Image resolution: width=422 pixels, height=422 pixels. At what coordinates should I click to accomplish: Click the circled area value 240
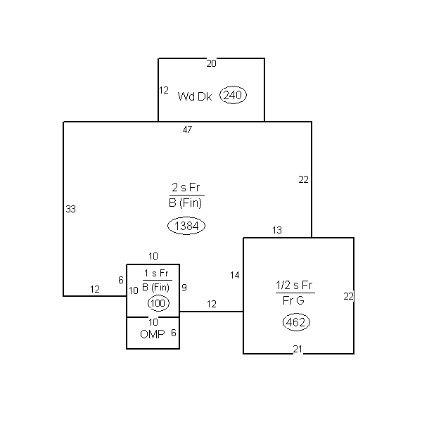pyautogui.click(x=233, y=95)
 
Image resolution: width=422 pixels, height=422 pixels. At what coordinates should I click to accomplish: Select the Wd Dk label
pyautogui.click(x=195, y=96)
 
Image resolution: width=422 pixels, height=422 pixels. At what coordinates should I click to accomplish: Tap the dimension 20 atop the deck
pyautogui.click(x=211, y=63)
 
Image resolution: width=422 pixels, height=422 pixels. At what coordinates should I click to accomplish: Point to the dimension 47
pyautogui.click(x=187, y=129)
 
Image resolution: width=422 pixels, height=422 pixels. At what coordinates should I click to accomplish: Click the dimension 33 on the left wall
pyautogui.click(x=71, y=209)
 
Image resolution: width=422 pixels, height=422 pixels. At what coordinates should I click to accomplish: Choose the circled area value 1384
pyautogui.click(x=186, y=226)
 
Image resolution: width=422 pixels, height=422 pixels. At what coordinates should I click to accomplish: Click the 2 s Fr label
pyautogui.click(x=186, y=187)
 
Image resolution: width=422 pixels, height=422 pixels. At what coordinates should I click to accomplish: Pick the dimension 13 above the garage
pyautogui.click(x=277, y=230)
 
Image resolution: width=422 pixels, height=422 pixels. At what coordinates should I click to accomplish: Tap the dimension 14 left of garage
pyautogui.click(x=235, y=275)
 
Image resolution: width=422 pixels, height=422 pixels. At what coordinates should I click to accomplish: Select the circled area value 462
pyautogui.click(x=296, y=322)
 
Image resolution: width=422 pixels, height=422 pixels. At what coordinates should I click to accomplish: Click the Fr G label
pyautogui.click(x=293, y=300)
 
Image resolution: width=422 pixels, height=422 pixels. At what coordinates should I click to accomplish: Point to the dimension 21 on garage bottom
pyautogui.click(x=298, y=349)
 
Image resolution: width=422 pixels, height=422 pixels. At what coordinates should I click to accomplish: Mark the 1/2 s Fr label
pyautogui.click(x=294, y=285)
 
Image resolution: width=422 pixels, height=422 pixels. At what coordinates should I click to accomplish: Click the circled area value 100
pyautogui.click(x=158, y=303)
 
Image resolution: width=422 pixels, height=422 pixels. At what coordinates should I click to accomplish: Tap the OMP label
pyautogui.click(x=153, y=334)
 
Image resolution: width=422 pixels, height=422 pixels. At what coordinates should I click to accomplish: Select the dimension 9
pyautogui.click(x=184, y=288)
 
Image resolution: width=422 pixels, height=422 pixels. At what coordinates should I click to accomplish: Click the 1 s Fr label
pyautogui.click(x=156, y=273)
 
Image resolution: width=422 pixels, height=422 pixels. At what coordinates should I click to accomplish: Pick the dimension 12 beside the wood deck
pyautogui.click(x=164, y=90)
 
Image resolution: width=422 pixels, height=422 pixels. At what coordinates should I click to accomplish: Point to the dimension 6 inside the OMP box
pyautogui.click(x=174, y=333)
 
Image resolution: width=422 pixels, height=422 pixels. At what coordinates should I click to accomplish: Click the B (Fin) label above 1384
pyautogui.click(x=186, y=203)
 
